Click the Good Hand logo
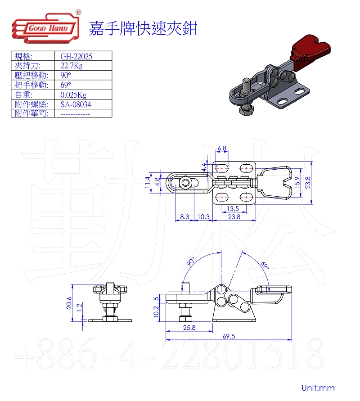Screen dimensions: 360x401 [x=46, y=27]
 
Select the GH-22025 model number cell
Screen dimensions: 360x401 [x=76, y=56]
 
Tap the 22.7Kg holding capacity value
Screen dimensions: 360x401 [x=72, y=66]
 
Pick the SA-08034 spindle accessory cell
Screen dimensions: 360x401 [x=76, y=104]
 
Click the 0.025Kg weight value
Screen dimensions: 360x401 [x=73, y=95]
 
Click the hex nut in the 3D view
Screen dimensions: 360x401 [x=247, y=110]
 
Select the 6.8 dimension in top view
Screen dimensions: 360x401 [x=222, y=149]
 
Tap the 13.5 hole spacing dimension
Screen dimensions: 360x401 [x=233, y=208]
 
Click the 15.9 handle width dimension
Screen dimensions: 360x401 [x=297, y=182]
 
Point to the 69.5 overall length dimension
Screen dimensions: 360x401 [x=229, y=336]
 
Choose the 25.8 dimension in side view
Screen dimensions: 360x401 [x=189, y=328]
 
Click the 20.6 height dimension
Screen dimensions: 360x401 [x=69, y=303]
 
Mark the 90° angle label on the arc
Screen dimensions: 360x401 [x=191, y=261]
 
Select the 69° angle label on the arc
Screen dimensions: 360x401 [x=265, y=266]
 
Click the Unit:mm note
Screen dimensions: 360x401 [x=318, y=387]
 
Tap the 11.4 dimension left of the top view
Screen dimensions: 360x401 [x=147, y=182]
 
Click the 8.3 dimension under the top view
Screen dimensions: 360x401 [x=184, y=217]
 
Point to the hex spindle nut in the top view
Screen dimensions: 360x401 [x=185, y=183]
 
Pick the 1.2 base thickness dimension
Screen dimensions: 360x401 [x=79, y=307]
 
